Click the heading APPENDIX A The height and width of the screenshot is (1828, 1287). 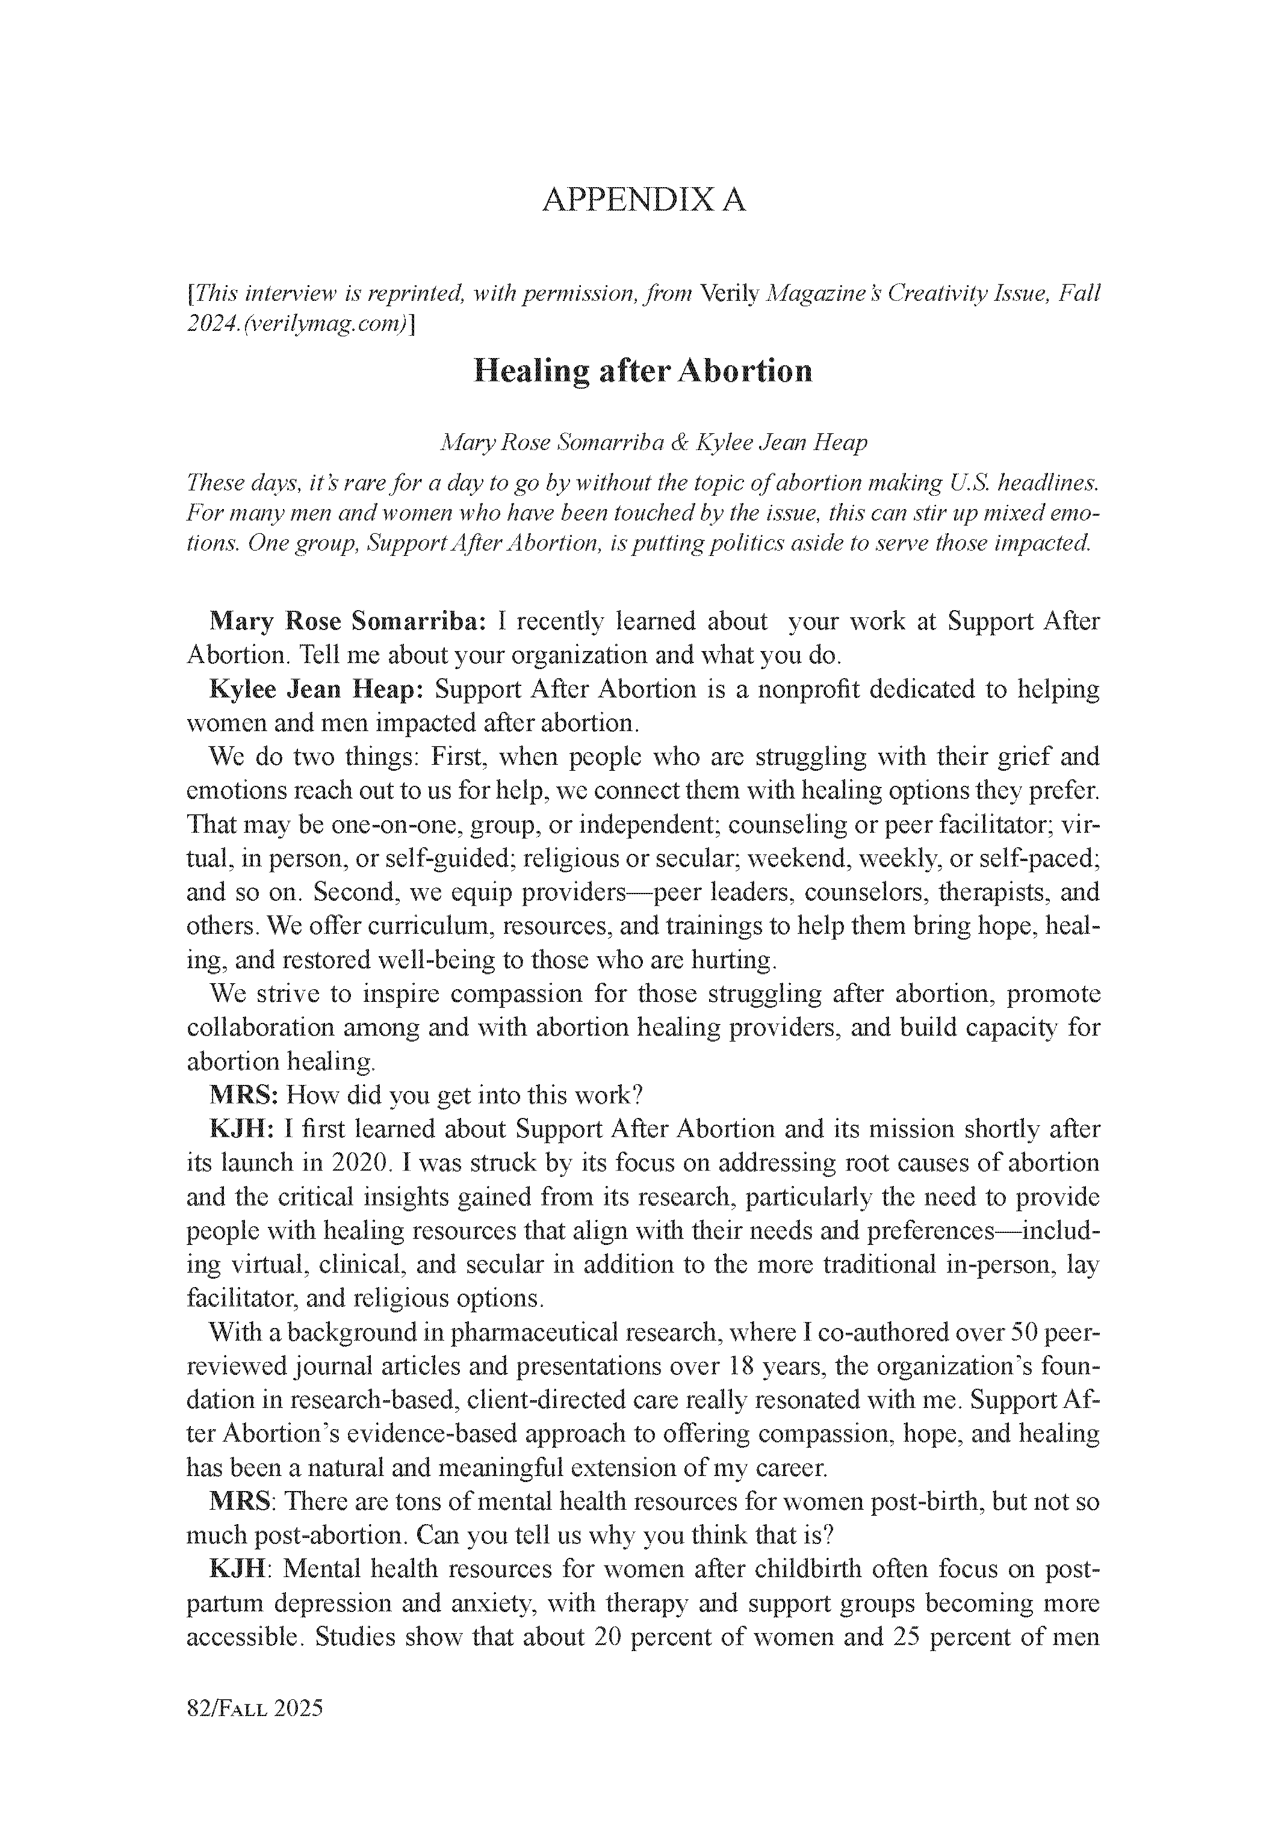643,200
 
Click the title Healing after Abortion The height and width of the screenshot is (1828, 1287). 643,372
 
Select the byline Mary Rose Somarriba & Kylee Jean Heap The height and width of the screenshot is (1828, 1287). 653,443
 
